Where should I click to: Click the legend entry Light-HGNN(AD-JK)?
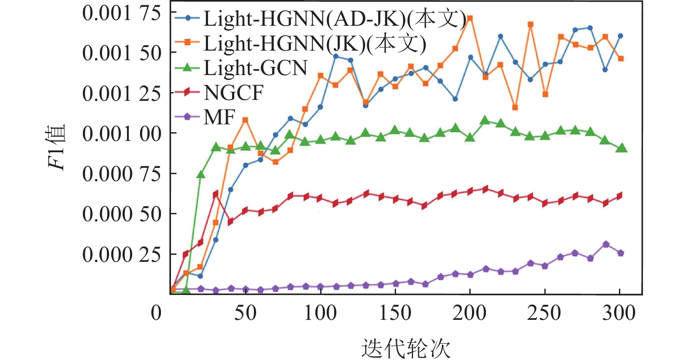[334, 19]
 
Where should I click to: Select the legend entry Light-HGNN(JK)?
[314, 43]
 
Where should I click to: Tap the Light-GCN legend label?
[255, 68]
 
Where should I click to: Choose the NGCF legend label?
[233, 93]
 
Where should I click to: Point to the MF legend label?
[219, 117]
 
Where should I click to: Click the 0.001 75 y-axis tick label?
[122, 13]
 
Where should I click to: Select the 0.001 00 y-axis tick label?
[122, 134]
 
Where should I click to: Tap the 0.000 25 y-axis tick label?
[122, 254]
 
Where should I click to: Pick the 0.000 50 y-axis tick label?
[122, 214]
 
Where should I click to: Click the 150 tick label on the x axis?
[395, 313]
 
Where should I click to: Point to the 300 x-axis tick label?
[619, 313]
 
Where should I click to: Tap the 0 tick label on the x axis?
[156, 313]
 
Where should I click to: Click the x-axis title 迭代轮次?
[405, 348]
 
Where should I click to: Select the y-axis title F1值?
[57, 147]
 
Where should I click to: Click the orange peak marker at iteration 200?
[470, 19]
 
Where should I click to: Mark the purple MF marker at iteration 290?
[605, 244]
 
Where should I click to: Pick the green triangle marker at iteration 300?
[621, 148]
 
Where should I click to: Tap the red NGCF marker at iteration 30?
[215, 195]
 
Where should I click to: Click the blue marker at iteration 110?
[335, 56]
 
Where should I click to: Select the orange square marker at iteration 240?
[530, 25]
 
